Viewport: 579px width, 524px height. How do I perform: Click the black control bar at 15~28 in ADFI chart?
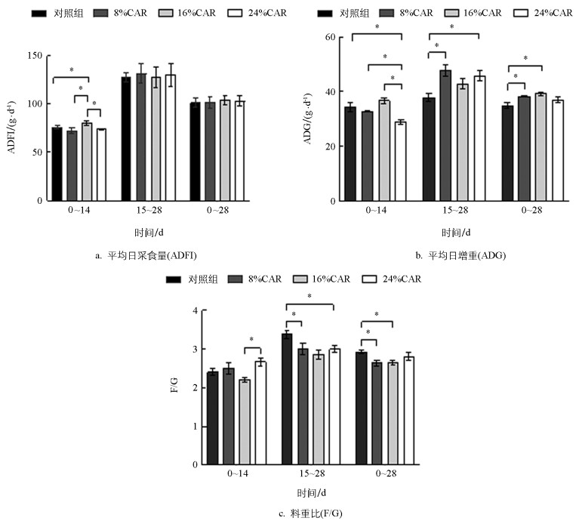coord(126,139)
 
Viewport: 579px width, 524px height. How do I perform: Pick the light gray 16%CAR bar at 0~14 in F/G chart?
coord(245,422)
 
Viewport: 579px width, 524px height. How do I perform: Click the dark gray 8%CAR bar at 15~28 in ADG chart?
coord(446,136)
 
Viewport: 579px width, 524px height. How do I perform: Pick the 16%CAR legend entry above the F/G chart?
coord(326,279)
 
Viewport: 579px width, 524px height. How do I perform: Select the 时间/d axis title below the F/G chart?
coord(311,493)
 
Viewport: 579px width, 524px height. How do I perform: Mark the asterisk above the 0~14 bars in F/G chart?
coord(252,340)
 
